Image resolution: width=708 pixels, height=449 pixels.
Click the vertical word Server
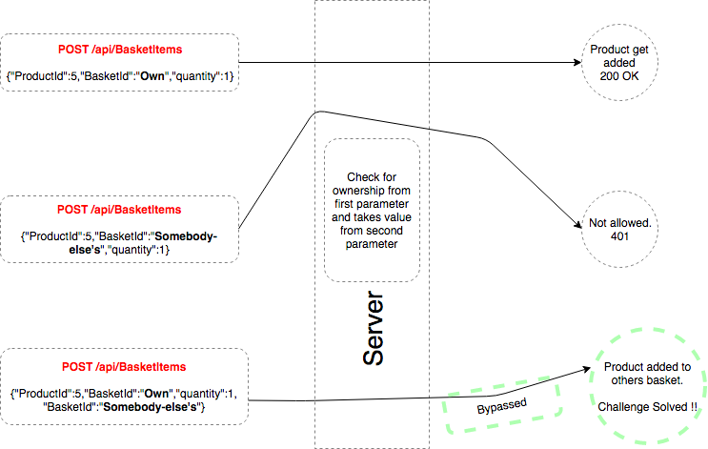373,328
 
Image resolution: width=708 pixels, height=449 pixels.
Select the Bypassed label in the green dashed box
501,406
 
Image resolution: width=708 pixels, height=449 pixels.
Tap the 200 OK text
619,76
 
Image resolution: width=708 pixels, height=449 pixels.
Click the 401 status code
619,236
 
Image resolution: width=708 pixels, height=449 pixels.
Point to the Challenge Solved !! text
648,407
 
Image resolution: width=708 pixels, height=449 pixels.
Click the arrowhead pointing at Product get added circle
577,62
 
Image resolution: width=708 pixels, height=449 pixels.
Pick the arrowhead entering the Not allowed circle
577,224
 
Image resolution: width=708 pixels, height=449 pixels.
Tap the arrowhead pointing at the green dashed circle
586,370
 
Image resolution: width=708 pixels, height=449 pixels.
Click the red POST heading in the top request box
120,50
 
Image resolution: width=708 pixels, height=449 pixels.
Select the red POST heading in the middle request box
119,210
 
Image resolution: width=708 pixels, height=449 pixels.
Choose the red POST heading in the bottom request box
124,367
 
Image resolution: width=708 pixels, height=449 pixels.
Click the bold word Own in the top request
152,76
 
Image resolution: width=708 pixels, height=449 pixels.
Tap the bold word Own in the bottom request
156,394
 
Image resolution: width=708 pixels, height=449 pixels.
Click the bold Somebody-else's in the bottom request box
151,407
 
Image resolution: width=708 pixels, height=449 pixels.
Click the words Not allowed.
620,223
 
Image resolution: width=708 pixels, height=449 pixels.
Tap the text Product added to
648,367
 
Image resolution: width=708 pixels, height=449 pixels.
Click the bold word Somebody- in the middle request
186,236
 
